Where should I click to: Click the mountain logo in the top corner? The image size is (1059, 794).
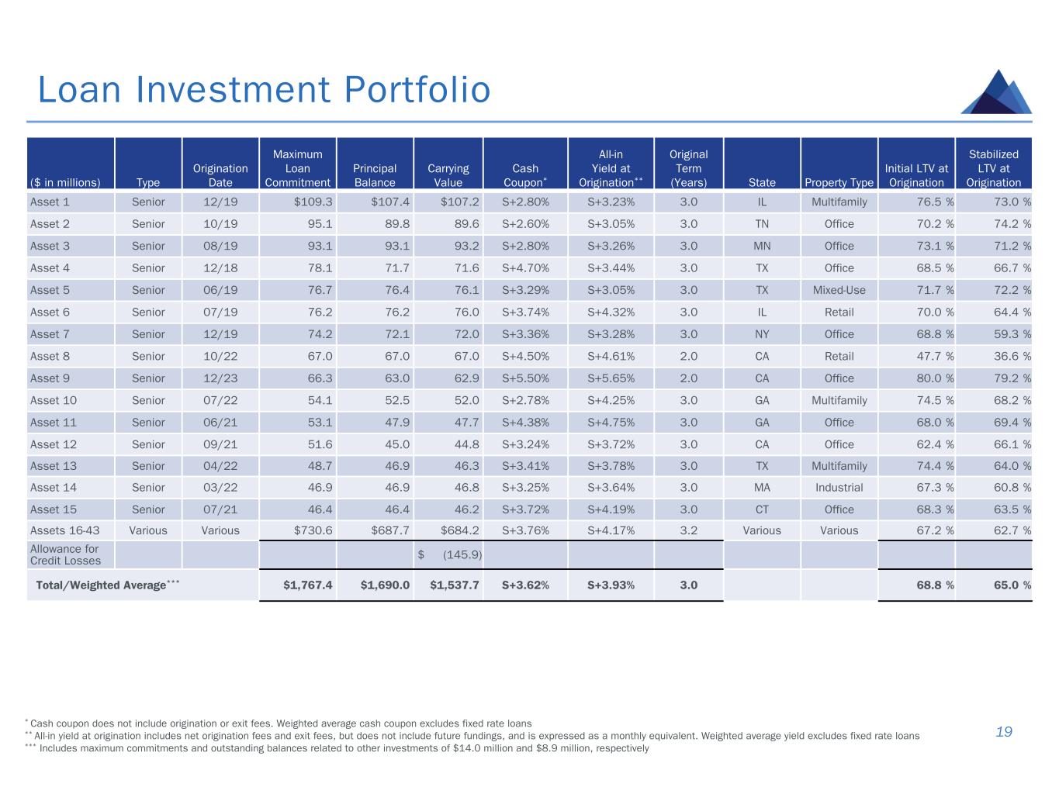(996, 92)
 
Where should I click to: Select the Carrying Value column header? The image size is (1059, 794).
(448, 175)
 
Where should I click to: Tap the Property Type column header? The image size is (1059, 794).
(839, 183)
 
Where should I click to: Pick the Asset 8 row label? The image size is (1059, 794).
(50, 357)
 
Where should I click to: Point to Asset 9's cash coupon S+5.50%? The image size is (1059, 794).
(525, 378)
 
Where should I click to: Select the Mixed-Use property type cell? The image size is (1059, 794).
(839, 290)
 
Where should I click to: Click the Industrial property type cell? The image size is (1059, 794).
(839, 488)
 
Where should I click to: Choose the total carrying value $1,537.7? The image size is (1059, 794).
(454, 585)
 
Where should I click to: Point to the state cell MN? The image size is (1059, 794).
(761, 246)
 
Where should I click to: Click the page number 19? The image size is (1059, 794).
(1004, 732)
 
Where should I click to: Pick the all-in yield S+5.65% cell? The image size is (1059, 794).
(611, 378)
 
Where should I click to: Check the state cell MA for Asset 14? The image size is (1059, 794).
(761, 488)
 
